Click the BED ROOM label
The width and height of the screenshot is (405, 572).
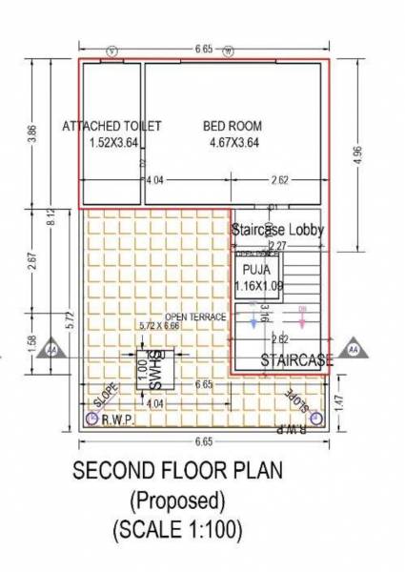[233, 126]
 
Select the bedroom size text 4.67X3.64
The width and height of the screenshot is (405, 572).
[233, 143]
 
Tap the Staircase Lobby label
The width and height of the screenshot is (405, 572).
[278, 230]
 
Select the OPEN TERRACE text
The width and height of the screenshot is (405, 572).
[194, 317]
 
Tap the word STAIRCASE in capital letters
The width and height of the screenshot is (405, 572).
[296, 359]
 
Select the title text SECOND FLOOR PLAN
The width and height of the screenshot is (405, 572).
[177, 473]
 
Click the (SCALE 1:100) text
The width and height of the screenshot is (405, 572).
[177, 528]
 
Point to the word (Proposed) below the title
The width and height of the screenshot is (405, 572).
[177, 500]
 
